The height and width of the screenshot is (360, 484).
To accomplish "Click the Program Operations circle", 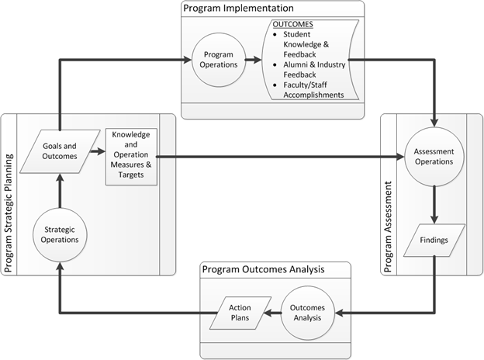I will [220, 60].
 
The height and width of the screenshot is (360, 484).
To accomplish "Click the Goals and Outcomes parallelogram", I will [59, 151].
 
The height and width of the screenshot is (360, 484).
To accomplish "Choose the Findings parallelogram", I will [434, 241].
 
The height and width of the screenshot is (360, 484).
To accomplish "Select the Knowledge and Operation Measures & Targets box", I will [130, 157].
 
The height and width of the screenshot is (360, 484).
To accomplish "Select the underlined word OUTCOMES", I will [288, 24].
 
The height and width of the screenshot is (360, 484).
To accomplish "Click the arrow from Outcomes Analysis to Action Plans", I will [275, 314].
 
